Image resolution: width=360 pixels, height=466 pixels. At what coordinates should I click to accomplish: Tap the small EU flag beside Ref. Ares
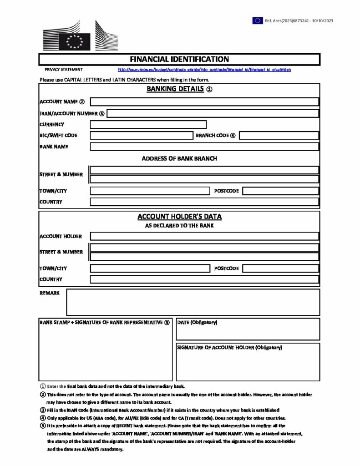click(x=258, y=20)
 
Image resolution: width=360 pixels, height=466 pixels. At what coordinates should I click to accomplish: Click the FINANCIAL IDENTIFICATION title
click(x=179, y=59)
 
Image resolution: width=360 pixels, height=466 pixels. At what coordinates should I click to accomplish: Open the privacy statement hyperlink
click(x=204, y=70)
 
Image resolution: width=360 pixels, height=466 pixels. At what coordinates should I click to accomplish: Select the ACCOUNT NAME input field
click(x=204, y=101)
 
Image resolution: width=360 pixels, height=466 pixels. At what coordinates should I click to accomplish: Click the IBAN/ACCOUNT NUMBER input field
click(x=213, y=113)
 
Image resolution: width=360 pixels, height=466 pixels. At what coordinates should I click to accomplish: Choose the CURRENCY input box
click(x=148, y=124)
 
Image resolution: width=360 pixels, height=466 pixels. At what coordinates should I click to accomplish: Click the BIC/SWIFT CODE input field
click(x=141, y=135)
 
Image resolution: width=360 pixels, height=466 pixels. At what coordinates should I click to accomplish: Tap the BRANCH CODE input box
click(x=279, y=135)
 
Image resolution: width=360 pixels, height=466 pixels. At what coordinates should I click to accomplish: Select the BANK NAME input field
click(x=204, y=147)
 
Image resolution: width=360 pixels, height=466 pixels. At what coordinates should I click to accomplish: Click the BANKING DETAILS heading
click(x=175, y=89)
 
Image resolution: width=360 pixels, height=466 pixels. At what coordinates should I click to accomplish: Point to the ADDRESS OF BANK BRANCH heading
click(x=179, y=158)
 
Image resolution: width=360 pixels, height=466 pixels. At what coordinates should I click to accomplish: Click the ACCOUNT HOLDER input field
click(x=204, y=236)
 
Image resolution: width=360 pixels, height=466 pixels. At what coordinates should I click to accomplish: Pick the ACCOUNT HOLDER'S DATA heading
click(x=179, y=217)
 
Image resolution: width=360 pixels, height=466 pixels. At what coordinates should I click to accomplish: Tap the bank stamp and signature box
click(x=106, y=353)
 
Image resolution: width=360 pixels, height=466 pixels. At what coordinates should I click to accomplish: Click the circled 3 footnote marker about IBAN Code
click(x=43, y=410)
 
